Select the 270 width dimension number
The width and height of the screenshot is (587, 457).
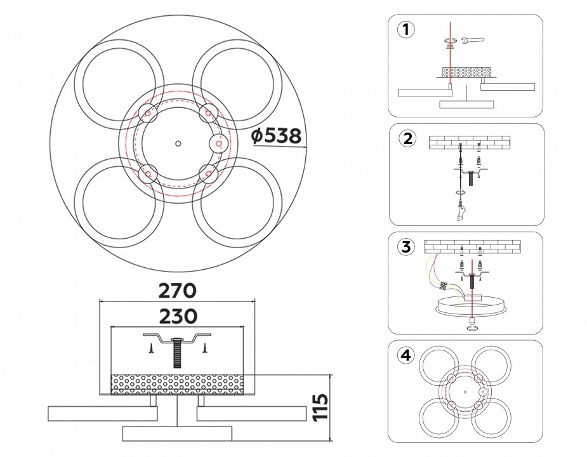pyautogui.click(x=177, y=291)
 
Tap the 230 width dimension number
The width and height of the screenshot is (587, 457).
pyautogui.click(x=177, y=315)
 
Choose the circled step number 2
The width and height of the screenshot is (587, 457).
pyautogui.click(x=407, y=137)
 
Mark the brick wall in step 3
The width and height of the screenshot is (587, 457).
pyautogui.click(x=472, y=246)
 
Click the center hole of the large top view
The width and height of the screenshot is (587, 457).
pyautogui.click(x=178, y=143)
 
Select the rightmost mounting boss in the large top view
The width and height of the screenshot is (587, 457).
pyautogui.click(x=218, y=144)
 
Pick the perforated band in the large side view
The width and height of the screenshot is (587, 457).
pyautogui.click(x=177, y=384)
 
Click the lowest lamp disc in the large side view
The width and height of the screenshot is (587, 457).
pyautogui.click(x=177, y=434)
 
